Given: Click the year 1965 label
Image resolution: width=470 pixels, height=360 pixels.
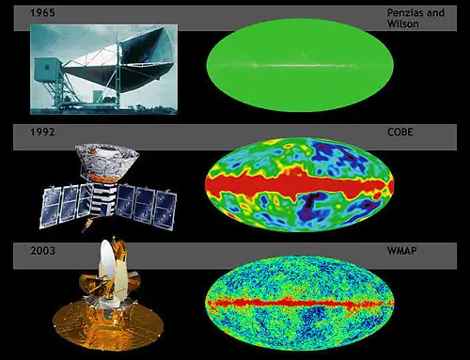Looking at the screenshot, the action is click(x=42, y=13).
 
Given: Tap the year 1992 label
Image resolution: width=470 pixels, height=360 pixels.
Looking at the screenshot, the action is click(x=42, y=132).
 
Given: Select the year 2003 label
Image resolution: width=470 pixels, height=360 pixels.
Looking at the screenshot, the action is click(x=42, y=251).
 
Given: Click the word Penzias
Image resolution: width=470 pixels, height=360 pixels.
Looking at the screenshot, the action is click(x=404, y=13).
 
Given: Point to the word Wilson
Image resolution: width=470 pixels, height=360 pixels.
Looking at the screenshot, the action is click(x=403, y=23).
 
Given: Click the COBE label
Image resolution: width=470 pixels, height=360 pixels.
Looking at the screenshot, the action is click(x=400, y=132).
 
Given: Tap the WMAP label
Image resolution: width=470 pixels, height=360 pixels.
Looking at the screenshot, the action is click(x=402, y=251).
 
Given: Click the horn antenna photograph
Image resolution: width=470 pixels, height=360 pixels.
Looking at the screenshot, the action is click(x=103, y=70).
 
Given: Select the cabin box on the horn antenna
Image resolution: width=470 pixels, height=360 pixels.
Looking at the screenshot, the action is click(x=48, y=69).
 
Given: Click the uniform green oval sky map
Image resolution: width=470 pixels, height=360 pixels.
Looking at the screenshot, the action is click(x=300, y=65).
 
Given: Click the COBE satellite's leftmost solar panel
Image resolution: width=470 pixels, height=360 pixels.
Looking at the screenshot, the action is click(x=51, y=208).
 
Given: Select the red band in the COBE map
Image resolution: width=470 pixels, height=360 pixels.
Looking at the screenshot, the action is click(x=299, y=185).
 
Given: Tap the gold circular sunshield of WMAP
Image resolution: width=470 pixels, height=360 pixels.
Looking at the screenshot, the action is click(x=108, y=324).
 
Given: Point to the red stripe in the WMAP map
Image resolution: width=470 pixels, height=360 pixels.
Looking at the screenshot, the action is click(x=299, y=303).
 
